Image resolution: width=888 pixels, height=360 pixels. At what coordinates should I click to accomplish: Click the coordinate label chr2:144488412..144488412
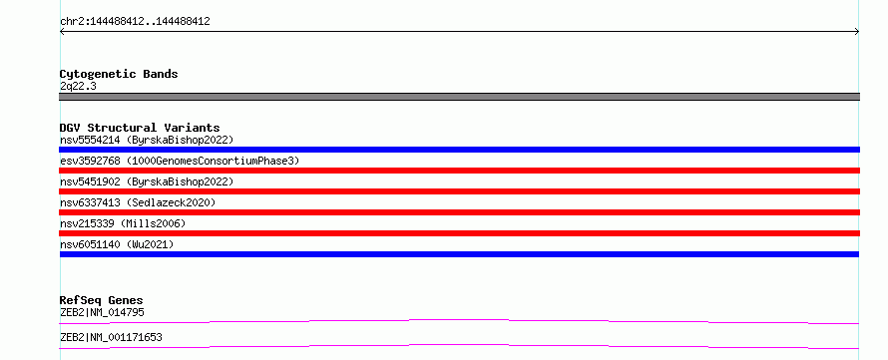click(135, 22)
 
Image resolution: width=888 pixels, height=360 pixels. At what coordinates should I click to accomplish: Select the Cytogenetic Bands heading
click(119, 74)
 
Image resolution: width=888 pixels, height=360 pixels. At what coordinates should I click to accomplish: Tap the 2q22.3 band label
click(78, 86)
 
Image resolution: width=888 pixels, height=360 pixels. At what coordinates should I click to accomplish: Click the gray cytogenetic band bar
click(459, 97)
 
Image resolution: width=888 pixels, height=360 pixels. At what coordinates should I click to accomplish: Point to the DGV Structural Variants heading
click(140, 128)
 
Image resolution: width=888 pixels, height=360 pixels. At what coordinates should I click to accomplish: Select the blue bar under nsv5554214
click(459, 150)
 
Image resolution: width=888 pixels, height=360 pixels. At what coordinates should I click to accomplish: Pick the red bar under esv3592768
click(459, 171)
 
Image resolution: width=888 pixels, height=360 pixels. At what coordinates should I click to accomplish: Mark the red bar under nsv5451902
click(459, 191)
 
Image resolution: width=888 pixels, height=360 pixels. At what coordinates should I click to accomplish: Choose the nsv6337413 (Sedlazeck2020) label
click(138, 202)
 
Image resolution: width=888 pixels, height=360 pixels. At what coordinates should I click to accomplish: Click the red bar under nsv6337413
click(459, 212)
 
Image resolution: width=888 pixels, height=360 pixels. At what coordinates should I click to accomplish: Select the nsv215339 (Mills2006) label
click(123, 223)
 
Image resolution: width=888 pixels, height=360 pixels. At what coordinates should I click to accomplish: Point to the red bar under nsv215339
click(459, 233)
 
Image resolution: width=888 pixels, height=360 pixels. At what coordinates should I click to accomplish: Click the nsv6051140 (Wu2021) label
click(117, 244)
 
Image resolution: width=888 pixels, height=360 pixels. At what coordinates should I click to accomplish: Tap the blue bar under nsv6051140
click(459, 254)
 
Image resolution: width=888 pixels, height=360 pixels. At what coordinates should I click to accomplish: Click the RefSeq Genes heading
click(101, 300)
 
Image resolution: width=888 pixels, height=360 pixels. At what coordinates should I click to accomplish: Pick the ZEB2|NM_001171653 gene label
click(111, 338)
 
